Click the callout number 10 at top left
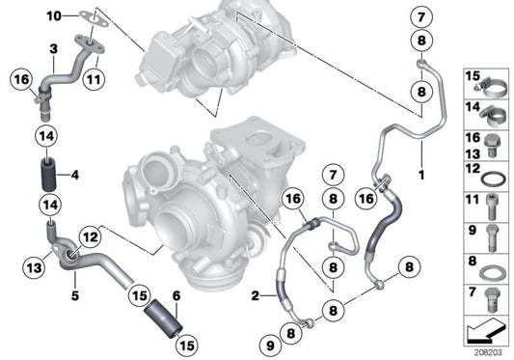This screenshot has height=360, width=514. coord(51,14)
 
